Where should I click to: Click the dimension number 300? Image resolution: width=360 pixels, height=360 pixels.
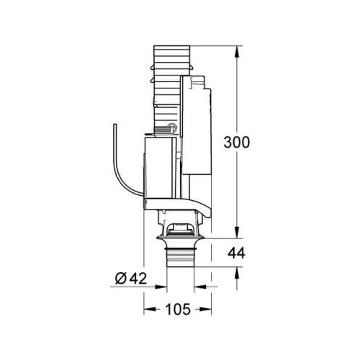tap(237, 142)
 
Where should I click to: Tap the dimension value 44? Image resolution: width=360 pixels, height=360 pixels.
tap(236, 253)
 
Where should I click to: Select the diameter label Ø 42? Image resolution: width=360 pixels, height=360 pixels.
tap(131, 279)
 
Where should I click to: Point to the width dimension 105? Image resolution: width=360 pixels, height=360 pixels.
tap(178, 310)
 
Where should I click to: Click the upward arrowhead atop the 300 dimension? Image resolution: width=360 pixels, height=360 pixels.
tap(237, 51)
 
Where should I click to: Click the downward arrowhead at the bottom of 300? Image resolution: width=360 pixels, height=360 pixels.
tap(237, 233)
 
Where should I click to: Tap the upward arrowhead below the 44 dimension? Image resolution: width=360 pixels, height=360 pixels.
tap(237, 272)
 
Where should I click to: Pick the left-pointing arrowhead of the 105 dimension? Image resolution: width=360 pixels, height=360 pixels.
tap(149, 310)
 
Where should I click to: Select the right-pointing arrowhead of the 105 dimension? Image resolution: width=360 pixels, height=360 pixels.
tap(206, 310)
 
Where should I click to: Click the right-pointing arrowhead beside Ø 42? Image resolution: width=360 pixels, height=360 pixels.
tap(161, 287)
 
